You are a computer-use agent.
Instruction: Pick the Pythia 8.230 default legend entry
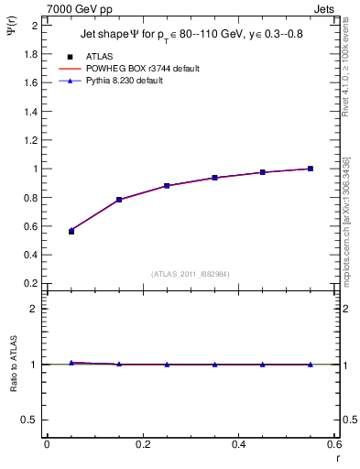pos(126,81)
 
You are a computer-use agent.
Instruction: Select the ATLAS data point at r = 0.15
pos(119,200)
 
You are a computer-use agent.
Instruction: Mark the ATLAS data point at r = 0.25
pos(167,186)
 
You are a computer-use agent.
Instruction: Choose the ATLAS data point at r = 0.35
pos(214,178)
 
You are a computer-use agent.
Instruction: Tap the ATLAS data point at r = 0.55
pos(311,169)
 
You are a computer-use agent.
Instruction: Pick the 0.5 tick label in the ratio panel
pos(30,420)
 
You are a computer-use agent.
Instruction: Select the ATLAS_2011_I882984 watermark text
pos(191,273)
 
